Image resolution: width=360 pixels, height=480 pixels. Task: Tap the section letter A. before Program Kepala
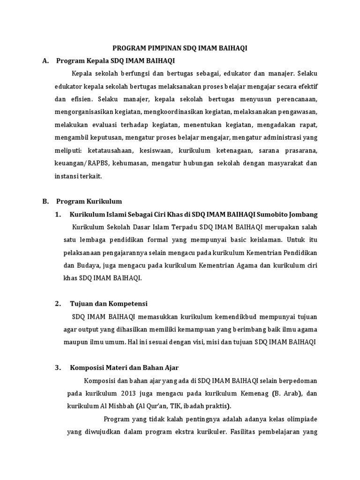click(x=45, y=60)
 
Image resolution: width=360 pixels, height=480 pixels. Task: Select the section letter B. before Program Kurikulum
click(x=45, y=202)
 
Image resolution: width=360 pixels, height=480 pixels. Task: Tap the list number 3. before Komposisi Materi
click(x=58, y=367)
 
